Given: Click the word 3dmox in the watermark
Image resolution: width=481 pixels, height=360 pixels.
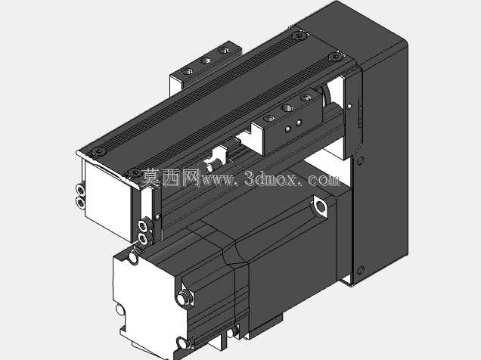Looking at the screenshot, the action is coord(271,178).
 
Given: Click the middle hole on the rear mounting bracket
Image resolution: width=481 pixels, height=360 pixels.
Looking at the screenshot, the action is coord(205,60).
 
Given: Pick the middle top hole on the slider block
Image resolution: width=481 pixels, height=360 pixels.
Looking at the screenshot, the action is coord(287,108).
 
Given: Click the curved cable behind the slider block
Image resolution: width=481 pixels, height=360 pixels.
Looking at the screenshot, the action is coord(325,96).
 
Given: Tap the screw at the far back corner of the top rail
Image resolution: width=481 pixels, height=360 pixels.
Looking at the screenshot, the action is coord(299,36).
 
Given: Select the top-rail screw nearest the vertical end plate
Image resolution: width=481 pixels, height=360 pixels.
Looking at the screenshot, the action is coord(335,57).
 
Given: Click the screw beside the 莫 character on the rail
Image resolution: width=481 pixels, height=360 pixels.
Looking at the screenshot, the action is coord(134,173).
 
